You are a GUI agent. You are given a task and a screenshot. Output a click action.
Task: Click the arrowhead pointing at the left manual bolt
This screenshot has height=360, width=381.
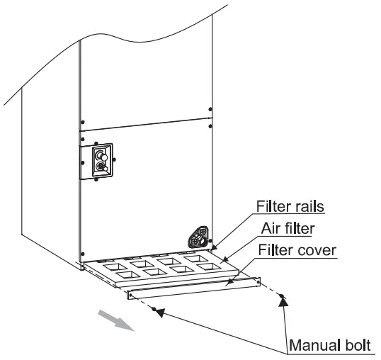161,311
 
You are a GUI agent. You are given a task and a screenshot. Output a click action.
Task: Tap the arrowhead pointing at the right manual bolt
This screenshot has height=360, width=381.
284,301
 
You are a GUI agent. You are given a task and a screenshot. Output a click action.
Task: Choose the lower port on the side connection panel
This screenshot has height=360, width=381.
101,167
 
